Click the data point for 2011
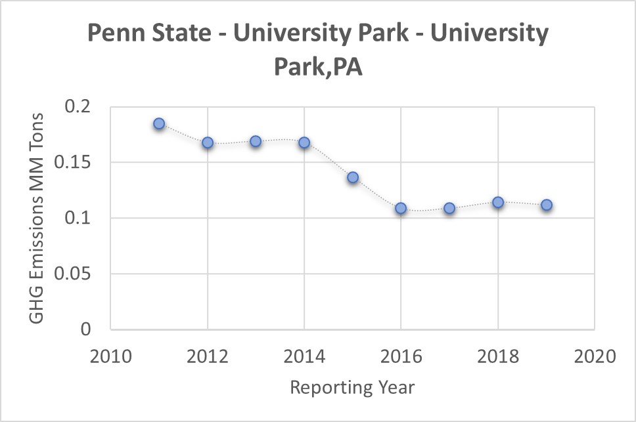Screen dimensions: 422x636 (159, 123)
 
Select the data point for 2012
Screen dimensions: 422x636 (208, 142)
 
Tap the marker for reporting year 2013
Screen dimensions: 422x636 (256, 141)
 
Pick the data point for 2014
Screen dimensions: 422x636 (304, 142)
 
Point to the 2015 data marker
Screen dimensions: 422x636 (353, 177)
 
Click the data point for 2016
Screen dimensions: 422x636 (401, 208)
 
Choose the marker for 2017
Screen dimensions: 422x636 (449, 208)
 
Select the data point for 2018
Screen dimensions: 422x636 (498, 202)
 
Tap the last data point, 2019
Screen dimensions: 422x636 (547, 205)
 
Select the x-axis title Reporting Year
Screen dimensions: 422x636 (352, 387)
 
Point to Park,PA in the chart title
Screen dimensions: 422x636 (319, 68)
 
